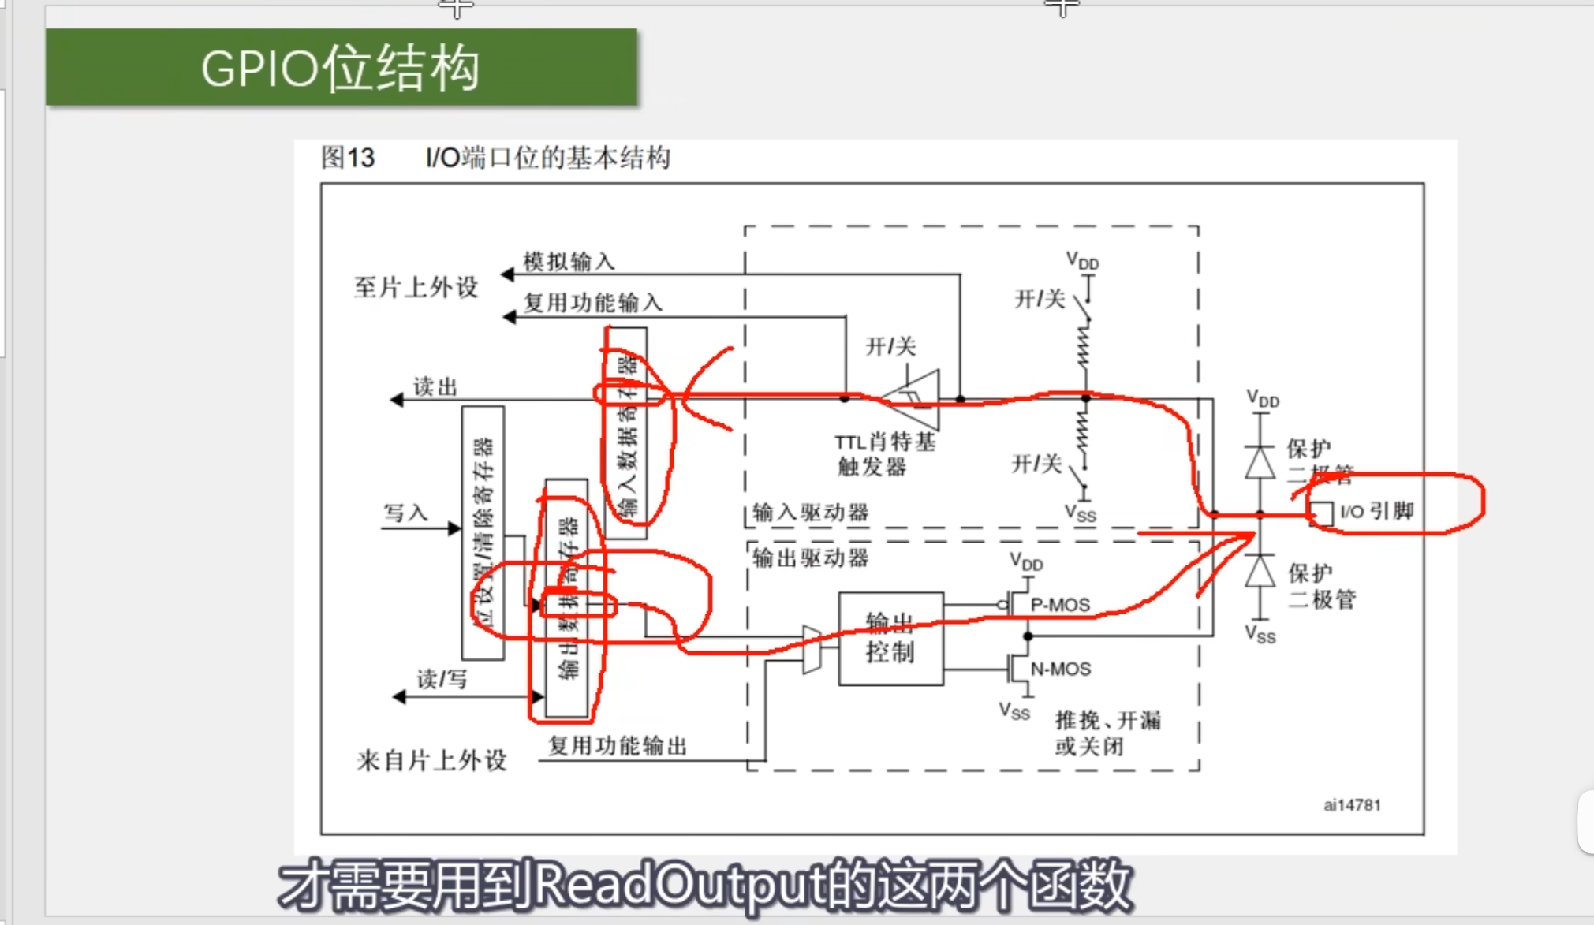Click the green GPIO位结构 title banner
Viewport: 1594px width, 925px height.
341,68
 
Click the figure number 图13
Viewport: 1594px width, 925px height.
348,158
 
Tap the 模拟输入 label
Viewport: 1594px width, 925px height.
569,261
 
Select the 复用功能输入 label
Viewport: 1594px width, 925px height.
593,303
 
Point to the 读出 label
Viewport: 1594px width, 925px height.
435,386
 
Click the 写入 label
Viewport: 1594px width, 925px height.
405,513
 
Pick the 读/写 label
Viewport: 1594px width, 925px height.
442,679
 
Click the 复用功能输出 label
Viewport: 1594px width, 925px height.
618,745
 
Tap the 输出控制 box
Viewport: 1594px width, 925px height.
890,639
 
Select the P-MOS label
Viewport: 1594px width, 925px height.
1060,605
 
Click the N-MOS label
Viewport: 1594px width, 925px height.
1060,669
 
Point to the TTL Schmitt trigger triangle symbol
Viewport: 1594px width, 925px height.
914,399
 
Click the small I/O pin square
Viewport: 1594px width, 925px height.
1322,513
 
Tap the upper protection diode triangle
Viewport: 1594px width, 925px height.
1260,462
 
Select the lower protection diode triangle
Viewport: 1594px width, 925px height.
1260,571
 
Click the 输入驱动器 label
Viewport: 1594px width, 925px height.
810,513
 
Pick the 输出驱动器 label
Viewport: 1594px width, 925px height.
810,558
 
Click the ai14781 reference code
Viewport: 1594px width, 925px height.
1352,805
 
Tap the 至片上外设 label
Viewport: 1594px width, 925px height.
416,287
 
